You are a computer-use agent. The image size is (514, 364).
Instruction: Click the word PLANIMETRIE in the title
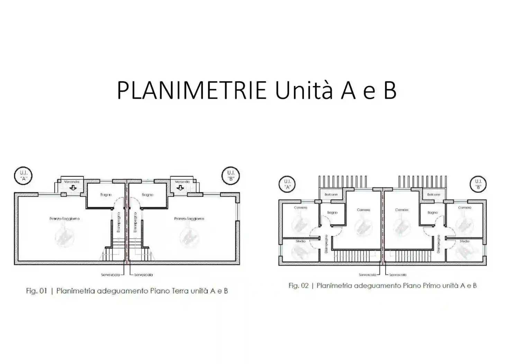click(191, 90)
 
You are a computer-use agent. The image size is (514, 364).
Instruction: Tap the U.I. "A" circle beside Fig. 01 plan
click(23, 176)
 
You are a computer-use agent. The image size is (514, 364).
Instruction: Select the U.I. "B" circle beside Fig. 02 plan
click(478, 184)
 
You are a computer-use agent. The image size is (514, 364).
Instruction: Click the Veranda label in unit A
click(72, 182)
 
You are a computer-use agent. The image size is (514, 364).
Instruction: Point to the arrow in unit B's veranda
click(180, 188)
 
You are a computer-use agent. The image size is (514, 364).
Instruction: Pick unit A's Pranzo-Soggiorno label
click(64, 219)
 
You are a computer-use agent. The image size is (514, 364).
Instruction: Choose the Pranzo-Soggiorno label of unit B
click(189, 219)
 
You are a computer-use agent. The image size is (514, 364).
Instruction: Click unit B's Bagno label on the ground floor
click(147, 195)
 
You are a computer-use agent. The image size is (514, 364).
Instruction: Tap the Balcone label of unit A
click(331, 195)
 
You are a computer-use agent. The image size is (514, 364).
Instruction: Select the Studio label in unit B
click(465, 241)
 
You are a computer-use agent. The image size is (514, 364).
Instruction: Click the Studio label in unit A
click(300, 241)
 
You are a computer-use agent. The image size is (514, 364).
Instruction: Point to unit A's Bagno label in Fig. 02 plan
click(332, 213)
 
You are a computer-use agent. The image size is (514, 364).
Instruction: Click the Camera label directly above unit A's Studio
click(300, 208)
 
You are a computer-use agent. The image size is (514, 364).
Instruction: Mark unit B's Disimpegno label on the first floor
click(438, 244)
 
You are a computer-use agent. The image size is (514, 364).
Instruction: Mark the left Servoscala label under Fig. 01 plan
click(110, 275)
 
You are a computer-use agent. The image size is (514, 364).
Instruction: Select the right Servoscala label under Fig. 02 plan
click(398, 275)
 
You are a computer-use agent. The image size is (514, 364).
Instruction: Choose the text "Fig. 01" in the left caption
click(36, 291)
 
